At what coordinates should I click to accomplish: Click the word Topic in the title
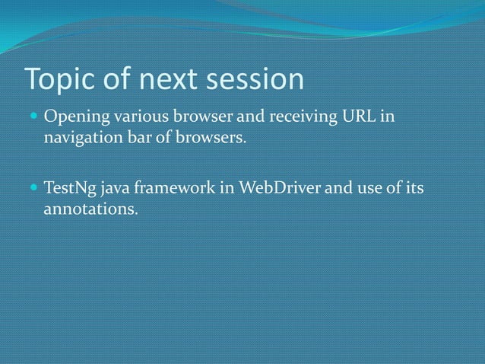click(59, 79)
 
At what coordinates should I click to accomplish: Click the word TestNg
click(68, 188)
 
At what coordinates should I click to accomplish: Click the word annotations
click(89, 208)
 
